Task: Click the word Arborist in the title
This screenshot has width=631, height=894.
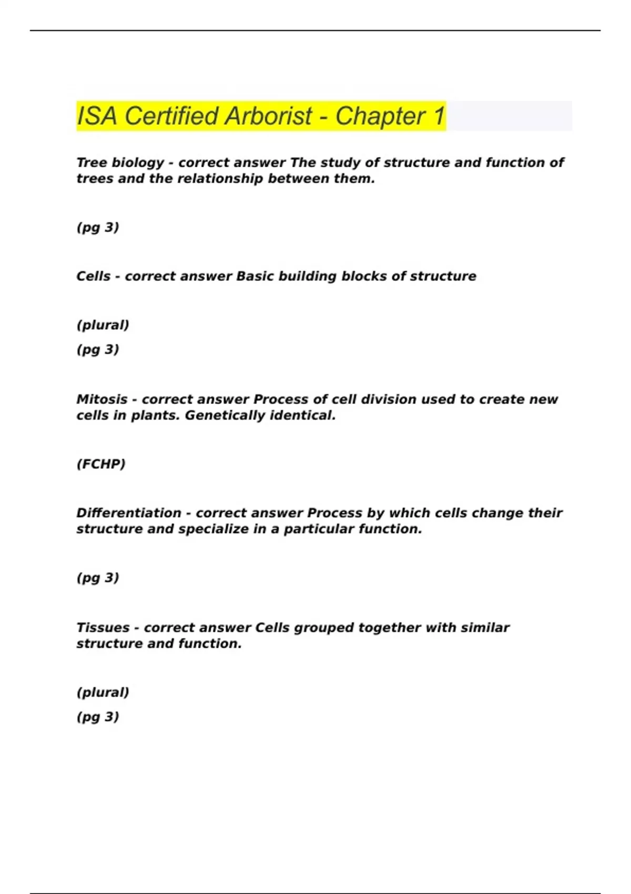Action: [269, 116]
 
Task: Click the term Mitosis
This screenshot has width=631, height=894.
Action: [102, 399]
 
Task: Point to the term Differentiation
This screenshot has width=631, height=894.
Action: [129, 513]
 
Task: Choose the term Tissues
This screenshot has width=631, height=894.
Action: [103, 627]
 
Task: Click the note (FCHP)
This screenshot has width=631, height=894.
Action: [101, 464]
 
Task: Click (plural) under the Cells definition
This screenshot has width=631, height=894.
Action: [103, 325]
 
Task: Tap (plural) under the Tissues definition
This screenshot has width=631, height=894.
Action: [103, 692]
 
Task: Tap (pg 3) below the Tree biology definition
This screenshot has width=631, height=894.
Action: [98, 227]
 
